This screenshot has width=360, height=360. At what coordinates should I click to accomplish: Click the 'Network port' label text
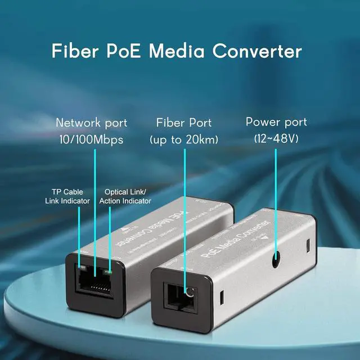point(91,123)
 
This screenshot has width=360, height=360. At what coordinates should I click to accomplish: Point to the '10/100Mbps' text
point(91,139)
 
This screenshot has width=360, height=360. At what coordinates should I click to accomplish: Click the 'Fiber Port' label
point(184,123)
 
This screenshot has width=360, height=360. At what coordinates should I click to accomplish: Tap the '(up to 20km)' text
point(184,139)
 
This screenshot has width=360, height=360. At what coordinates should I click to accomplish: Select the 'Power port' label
point(276,121)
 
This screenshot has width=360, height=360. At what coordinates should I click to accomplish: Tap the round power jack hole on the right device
point(276,260)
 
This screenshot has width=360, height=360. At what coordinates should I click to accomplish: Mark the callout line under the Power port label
point(276,197)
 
